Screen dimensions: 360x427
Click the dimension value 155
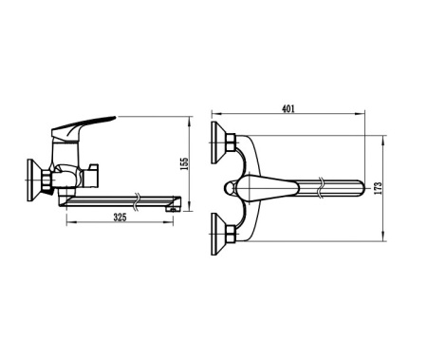[186, 164]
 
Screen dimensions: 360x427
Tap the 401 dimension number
[288, 108]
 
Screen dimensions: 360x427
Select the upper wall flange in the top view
[215, 138]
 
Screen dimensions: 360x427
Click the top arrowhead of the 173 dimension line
[383, 141]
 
